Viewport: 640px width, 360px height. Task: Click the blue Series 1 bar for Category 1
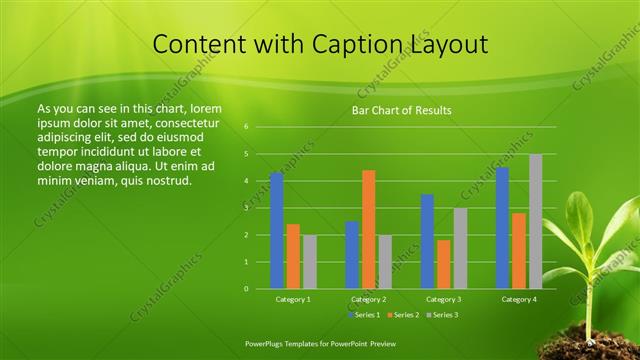tap(277, 231)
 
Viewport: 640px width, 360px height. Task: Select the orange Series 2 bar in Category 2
tap(368, 229)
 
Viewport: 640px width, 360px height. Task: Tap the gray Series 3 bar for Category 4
tap(535, 221)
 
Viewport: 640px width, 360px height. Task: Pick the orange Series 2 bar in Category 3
tap(443, 264)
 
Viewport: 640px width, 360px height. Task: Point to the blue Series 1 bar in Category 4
tap(502, 228)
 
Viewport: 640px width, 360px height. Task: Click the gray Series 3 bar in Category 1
tap(309, 262)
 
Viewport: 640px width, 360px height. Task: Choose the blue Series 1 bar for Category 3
tap(427, 241)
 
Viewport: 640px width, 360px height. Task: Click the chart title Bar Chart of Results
tap(401, 110)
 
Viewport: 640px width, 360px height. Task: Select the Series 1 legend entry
tap(363, 315)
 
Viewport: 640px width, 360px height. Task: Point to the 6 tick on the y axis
tap(246, 127)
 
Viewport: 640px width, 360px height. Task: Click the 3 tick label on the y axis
tap(246, 208)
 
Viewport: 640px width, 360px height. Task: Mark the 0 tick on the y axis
tap(246, 289)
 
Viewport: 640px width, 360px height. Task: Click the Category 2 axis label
tap(368, 299)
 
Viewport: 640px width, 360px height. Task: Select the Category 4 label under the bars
tap(518, 299)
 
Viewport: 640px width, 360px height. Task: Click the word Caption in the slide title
tap(357, 45)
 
